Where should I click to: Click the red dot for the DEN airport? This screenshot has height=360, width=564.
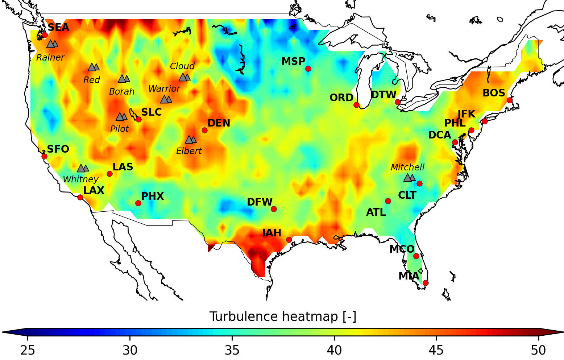(204, 130)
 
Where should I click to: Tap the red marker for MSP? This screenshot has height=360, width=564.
(308, 69)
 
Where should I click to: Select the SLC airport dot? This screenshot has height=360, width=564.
(138, 119)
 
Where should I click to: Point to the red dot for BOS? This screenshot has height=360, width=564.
(510, 100)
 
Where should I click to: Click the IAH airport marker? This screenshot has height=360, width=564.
(289, 240)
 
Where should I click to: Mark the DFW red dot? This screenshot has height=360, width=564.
(274, 209)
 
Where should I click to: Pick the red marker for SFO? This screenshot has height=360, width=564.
(44, 156)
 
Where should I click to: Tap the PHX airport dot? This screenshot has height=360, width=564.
(138, 203)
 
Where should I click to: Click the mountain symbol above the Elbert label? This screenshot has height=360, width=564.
(191, 140)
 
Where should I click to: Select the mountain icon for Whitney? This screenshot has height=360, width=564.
(83, 168)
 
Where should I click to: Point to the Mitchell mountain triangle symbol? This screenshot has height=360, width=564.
(409, 177)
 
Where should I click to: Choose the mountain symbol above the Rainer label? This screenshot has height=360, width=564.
(52, 44)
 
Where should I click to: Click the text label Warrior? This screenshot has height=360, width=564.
(164, 89)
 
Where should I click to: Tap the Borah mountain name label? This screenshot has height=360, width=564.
(122, 92)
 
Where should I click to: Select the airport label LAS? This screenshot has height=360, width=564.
(123, 167)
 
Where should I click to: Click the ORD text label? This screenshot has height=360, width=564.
(341, 98)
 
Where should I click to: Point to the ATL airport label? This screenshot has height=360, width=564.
(376, 212)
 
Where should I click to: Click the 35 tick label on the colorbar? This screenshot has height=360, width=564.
(232, 351)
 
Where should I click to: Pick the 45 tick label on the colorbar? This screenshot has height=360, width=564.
(436, 351)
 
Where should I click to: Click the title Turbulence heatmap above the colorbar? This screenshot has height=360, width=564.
(283, 317)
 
